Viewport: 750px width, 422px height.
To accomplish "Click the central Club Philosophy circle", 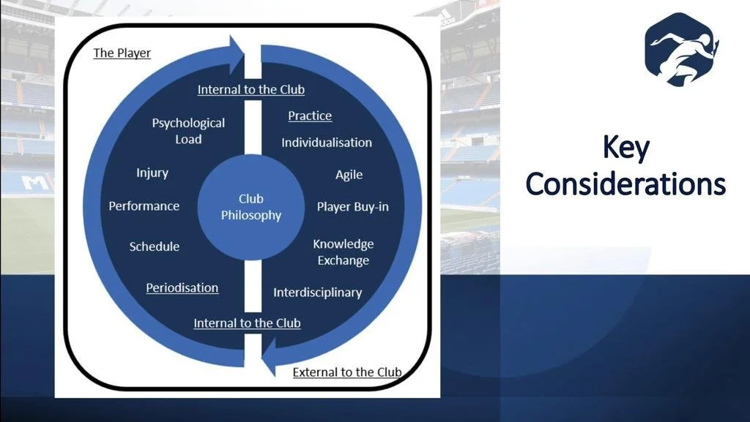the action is (x=251, y=207).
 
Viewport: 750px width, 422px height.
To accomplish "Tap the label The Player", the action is (x=122, y=53).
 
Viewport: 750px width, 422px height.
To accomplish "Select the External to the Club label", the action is (x=347, y=372).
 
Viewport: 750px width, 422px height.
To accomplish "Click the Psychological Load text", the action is (x=188, y=131).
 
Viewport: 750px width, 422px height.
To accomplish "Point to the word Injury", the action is (x=152, y=173).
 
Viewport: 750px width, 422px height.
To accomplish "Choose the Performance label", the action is (x=144, y=206).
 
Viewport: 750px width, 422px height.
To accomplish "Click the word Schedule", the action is (x=155, y=246).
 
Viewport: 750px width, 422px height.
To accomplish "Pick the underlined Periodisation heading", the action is (x=182, y=288).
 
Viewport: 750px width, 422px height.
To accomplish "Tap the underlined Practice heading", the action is (x=310, y=116).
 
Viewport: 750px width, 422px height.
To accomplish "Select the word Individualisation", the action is (x=327, y=143).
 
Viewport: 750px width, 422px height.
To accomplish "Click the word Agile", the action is (x=349, y=175).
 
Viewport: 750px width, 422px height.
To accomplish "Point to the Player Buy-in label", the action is (x=352, y=207).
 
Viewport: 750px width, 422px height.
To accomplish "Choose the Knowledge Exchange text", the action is (x=344, y=252).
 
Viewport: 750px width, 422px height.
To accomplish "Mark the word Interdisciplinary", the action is (x=318, y=293).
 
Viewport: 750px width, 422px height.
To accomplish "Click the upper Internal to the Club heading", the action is (x=251, y=90).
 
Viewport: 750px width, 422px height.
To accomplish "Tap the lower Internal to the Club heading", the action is (x=247, y=323).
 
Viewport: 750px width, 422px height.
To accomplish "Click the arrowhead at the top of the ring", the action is (x=236, y=54).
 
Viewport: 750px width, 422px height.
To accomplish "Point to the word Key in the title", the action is (x=625, y=148).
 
